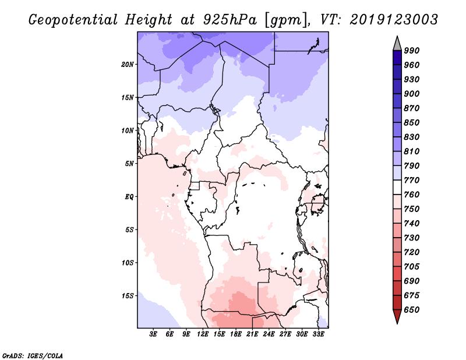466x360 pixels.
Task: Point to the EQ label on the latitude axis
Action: point(129,197)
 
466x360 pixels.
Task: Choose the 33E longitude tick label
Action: point(319,335)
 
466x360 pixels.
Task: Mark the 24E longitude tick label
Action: point(269,335)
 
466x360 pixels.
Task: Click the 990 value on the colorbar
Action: point(412,51)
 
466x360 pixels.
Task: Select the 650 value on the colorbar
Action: point(412,310)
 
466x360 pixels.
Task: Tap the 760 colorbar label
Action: point(412,195)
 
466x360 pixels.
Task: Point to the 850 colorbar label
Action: point(412,123)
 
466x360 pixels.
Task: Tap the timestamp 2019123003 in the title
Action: point(394,20)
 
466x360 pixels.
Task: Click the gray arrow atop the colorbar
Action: point(397,43)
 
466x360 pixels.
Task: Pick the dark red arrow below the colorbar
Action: point(397,317)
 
